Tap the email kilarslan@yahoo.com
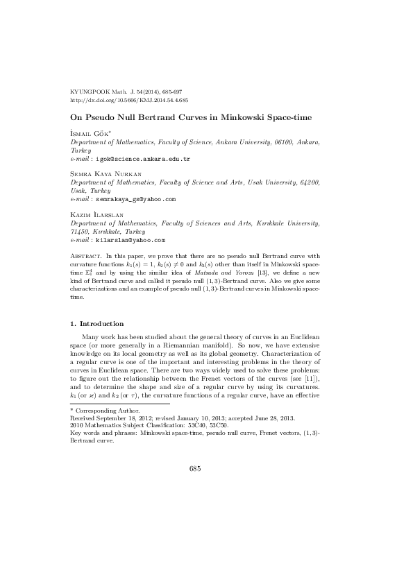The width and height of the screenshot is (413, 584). [130, 240]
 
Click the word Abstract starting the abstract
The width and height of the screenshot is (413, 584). [87, 256]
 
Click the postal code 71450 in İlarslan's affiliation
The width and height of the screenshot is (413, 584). [82, 232]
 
